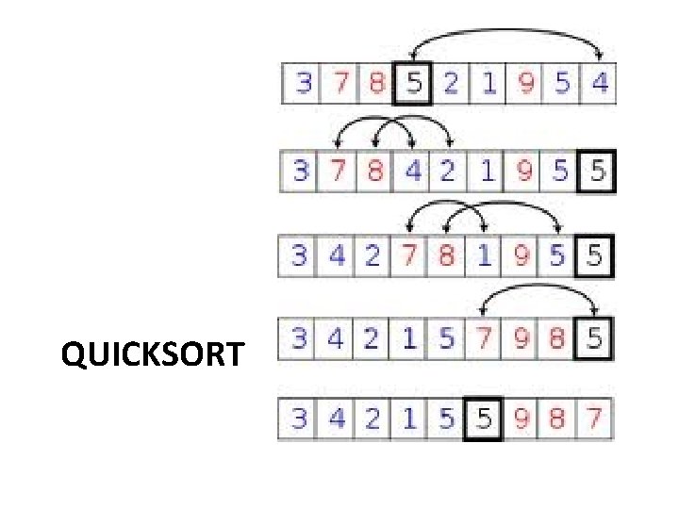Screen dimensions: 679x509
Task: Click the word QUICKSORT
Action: pyautogui.click(x=152, y=356)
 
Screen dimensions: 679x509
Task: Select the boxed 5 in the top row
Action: pyautogui.click(x=413, y=85)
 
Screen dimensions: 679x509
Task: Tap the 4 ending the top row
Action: pyautogui.click(x=600, y=85)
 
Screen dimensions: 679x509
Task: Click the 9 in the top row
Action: pyautogui.click(x=525, y=85)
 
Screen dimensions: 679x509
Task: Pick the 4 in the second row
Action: pyautogui.click(x=412, y=172)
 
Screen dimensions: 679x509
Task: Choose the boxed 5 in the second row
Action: pyautogui.click(x=596, y=172)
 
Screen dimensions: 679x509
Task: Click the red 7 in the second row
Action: pyautogui.click(x=338, y=172)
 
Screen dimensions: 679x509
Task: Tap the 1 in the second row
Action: pyautogui.click(x=486, y=172)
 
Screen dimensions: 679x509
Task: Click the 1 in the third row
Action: pyautogui.click(x=484, y=255)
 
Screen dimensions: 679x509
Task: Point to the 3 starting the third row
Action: pyautogui.click(x=299, y=255)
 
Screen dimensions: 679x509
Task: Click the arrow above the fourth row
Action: pyautogui.click(x=538, y=293)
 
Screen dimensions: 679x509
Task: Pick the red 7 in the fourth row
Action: pyautogui.click(x=483, y=337)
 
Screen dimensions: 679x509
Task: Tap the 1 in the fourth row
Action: pyautogui.click(x=409, y=337)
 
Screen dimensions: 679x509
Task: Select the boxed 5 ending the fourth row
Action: pyautogui.click(x=593, y=337)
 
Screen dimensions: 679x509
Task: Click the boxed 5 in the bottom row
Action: pyautogui.click(x=483, y=419)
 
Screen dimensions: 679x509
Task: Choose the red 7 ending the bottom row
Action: pyautogui.click(x=593, y=419)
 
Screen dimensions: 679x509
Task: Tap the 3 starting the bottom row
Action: pyautogui.click(x=299, y=419)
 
